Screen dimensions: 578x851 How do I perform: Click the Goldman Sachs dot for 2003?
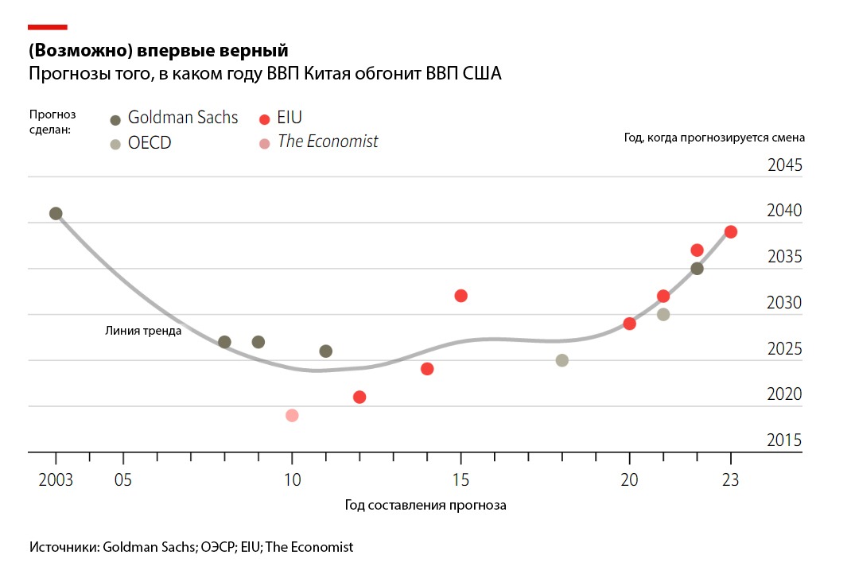click(56, 213)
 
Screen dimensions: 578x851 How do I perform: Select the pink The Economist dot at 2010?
click(292, 415)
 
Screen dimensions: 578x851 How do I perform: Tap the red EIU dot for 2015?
click(460, 296)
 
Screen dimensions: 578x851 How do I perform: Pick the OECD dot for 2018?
click(562, 360)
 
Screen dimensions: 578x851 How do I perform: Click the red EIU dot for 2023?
click(731, 231)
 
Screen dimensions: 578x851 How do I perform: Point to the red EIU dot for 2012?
click(359, 397)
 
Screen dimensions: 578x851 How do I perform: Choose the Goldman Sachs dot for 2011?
click(326, 351)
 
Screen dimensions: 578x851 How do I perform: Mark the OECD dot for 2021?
click(663, 314)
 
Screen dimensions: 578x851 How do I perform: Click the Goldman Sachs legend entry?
click(173, 118)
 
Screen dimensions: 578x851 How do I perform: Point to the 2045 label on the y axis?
click(785, 165)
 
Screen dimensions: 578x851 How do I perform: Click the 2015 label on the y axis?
click(785, 440)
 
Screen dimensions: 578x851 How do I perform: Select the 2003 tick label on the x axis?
click(56, 480)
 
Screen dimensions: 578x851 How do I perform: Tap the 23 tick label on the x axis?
click(731, 480)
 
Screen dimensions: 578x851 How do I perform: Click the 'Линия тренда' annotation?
click(143, 331)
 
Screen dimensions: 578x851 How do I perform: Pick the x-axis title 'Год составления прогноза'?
click(425, 505)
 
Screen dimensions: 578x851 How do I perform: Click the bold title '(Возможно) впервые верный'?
click(158, 52)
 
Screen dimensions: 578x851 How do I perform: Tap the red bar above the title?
click(48, 27)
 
